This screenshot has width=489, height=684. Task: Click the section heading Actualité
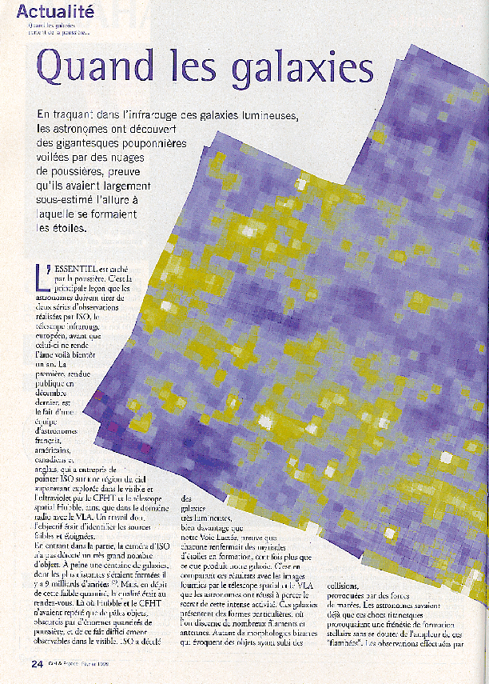pos(55,11)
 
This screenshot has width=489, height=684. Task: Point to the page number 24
pos(37,663)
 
